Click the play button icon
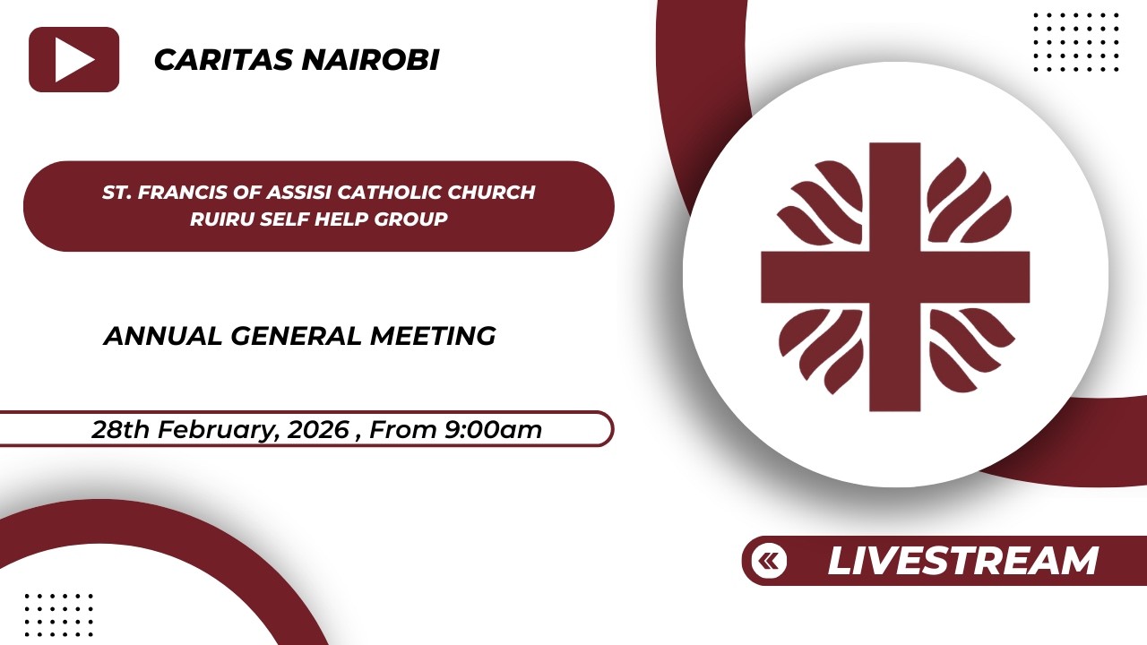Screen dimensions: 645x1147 (73, 60)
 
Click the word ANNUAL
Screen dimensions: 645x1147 (162, 337)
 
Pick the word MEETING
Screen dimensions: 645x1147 (433, 337)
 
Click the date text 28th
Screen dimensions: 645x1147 (121, 430)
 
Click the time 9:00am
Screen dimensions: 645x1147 (493, 430)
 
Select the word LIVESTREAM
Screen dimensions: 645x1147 (962, 562)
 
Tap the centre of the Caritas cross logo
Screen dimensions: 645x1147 (894, 277)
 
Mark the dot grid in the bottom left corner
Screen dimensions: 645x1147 (58, 615)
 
